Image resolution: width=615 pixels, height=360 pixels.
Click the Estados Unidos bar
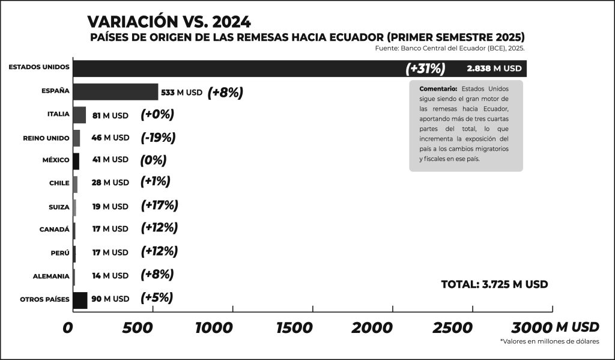point(240,69)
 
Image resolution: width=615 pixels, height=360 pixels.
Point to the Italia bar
point(79,115)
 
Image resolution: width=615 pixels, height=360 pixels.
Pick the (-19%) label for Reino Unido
point(158,138)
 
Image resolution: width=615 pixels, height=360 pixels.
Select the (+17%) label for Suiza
point(159,206)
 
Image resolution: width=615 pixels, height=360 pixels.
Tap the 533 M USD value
point(181,93)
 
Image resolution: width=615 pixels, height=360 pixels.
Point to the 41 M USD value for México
point(110,160)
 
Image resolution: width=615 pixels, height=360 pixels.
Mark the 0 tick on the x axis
point(68,328)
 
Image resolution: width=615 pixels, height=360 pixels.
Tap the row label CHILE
point(59,183)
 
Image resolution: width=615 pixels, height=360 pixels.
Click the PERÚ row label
point(61,252)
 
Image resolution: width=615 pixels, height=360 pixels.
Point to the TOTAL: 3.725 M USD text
point(494,284)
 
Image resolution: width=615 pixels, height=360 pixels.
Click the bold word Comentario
point(438,89)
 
